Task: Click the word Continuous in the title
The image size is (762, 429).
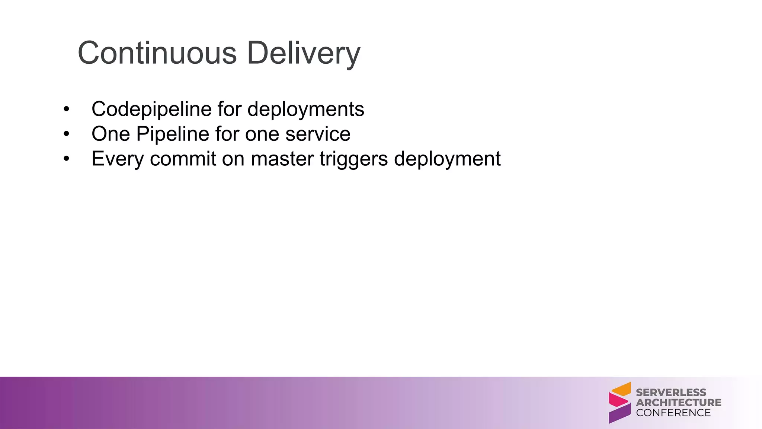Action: pyautogui.click(x=157, y=53)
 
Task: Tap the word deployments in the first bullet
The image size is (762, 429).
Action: pyautogui.click(x=305, y=109)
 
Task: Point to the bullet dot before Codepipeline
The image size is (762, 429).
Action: pyautogui.click(x=66, y=109)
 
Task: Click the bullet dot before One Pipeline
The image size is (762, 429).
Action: pyautogui.click(x=66, y=134)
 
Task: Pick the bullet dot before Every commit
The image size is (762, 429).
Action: pyautogui.click(x=66, y=159)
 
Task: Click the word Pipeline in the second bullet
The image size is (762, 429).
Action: pyautogui.click(x=173, y=134)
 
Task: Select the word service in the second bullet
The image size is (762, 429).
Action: pyautogui.click(x=318, y=134)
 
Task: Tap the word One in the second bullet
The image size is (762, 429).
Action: pyautogui.click(x=111, y=134)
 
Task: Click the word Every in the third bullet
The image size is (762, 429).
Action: pyautogui.click(x=118, y=159)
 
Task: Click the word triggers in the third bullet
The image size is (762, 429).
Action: pyautogui.click(x=353, y=159)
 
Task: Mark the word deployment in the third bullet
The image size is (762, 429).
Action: pyautogui.click(x=447, y=159)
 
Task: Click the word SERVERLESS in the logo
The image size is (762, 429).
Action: pyautogui.click(x=671, y=393)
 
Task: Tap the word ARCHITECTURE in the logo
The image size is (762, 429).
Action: pyautogui.click(x=678, y=403)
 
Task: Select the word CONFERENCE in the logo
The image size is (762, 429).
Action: pyautogui.click(x=673, y=413)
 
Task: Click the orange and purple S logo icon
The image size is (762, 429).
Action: pyautogui.click(x=619, y=403)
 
